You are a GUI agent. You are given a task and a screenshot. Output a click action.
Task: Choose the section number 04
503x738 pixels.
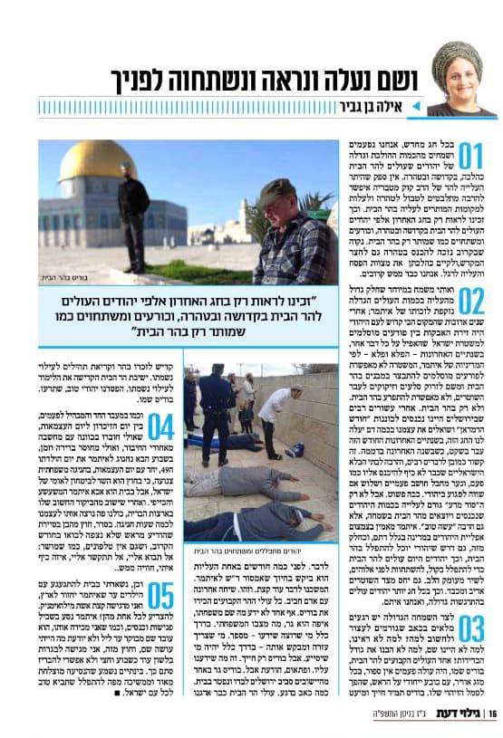[x=160, y=427]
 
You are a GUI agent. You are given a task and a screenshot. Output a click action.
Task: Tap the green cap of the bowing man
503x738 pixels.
[x=276, y=191]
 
